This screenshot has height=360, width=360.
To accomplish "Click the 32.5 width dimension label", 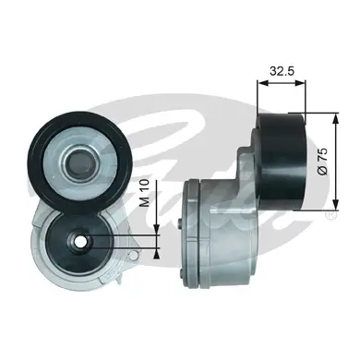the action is pyautogui.click(x=282, y=71).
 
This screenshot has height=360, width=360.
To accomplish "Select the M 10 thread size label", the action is pyautogui.click(x=144, y=193).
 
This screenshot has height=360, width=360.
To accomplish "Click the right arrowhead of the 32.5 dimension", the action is pyautogui.click(x=301, y=83).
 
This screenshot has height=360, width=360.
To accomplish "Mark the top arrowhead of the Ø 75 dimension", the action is pyautogui.click(x=335, y=119).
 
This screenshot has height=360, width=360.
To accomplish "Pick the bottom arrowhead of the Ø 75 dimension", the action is pyautogui.click(x=335, y=205).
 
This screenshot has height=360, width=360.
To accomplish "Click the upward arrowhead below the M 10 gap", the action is pyautogui.click(x=157, y=253).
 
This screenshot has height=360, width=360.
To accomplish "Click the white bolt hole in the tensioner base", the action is pyautogui.click(x=81, y=242).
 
